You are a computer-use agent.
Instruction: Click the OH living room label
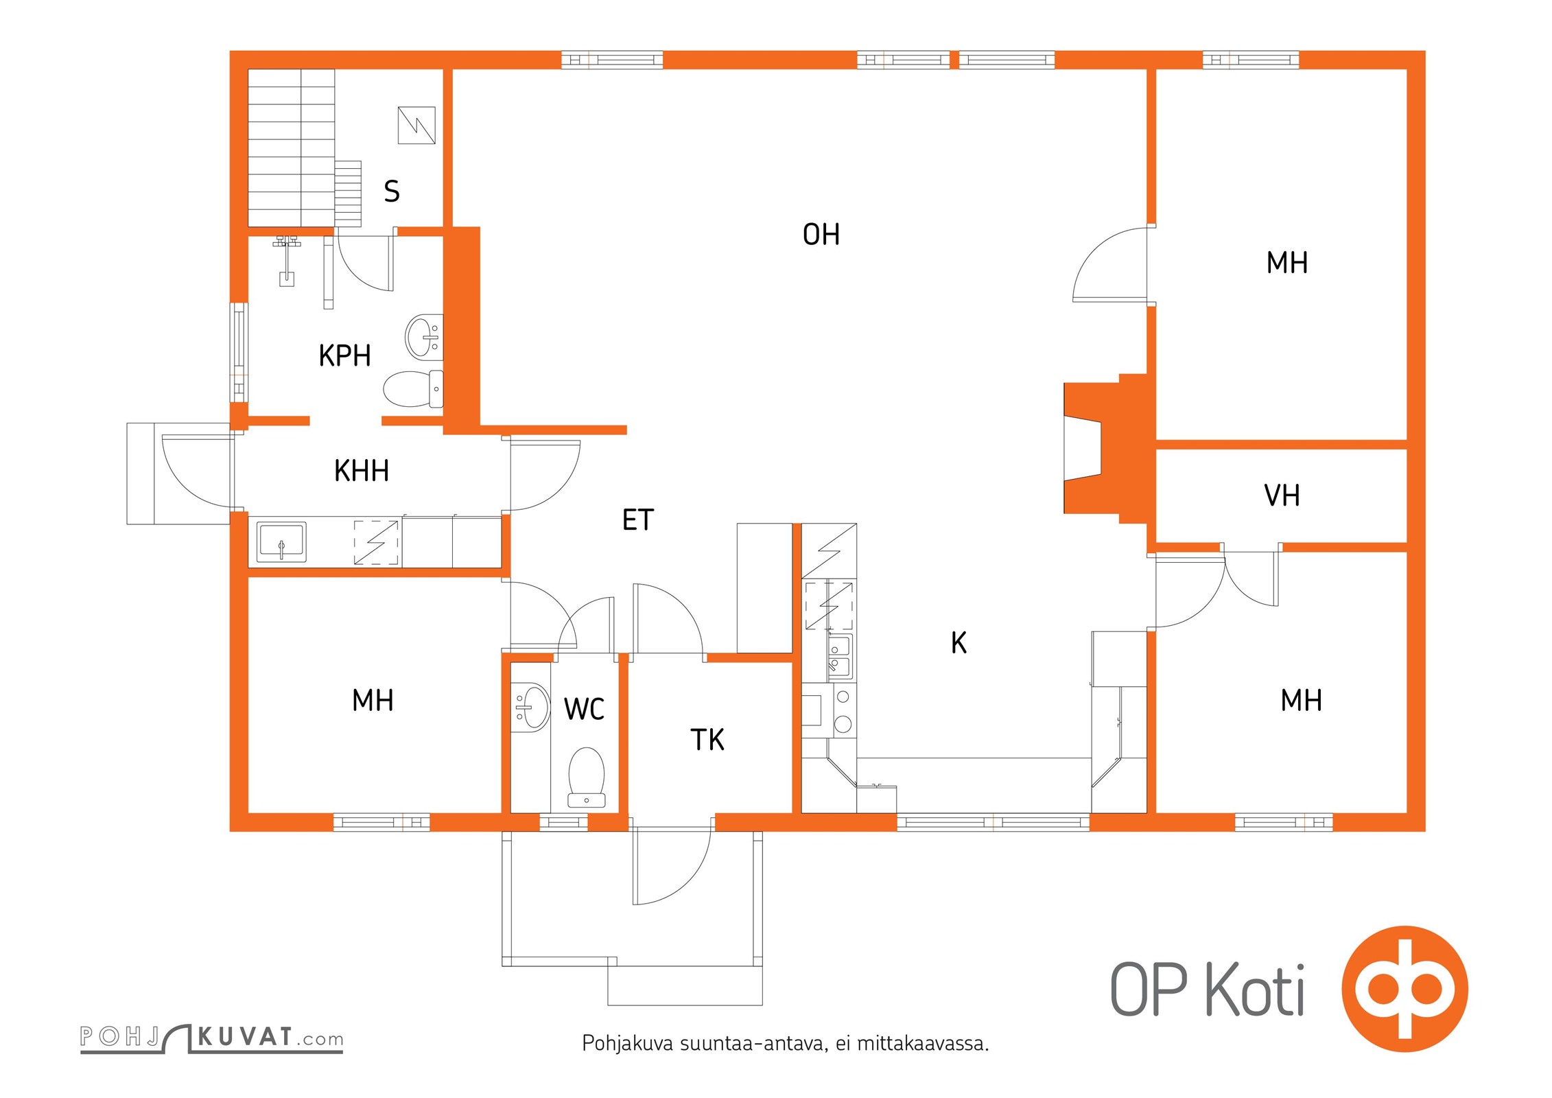[821, 235]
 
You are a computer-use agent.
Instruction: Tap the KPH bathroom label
[344, 355]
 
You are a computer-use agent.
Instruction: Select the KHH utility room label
[362, 471]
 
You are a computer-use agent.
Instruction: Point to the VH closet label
[1282, 495]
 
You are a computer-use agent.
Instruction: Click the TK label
[707, 740]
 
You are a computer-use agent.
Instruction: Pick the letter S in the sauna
[392, 191]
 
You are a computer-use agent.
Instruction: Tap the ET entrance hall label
[638, 520]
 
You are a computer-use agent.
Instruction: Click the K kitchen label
[959, 643]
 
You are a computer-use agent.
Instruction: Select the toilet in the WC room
[587, 778]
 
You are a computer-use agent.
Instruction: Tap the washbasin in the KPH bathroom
[424, 337]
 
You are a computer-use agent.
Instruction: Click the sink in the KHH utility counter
[281, 542]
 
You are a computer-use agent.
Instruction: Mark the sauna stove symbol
[416, 125]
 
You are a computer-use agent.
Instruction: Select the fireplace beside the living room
[1105, 449]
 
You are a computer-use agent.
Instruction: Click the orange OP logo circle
[1404, 989]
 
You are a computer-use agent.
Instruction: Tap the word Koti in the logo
[1255, 989]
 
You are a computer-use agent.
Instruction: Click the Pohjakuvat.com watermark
[211, 1038]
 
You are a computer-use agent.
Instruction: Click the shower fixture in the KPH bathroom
[287, 259]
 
